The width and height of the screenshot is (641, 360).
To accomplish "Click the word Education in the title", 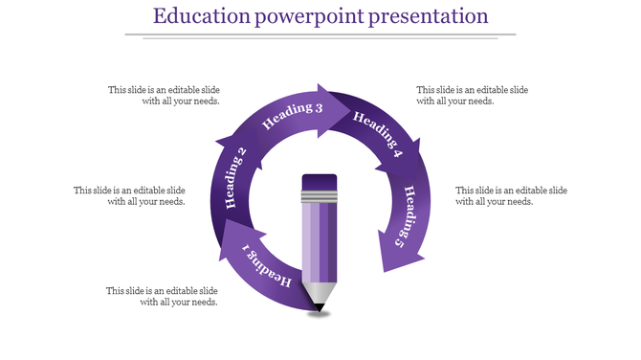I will pos(197,17).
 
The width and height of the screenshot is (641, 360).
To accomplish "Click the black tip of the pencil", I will pos(318,306).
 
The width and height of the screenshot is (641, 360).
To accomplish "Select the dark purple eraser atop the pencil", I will pos(319,182).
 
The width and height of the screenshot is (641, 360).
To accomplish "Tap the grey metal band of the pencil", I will pos(319,198).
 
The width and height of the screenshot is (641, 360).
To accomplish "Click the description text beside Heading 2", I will pos(130,195).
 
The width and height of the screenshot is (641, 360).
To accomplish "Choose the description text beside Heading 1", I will pos(163,296).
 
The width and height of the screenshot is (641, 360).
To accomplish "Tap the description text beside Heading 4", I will pos(473,95).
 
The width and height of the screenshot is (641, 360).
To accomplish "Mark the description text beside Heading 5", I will pos(512,195).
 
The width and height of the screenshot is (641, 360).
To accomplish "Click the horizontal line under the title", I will pos(320,35).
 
